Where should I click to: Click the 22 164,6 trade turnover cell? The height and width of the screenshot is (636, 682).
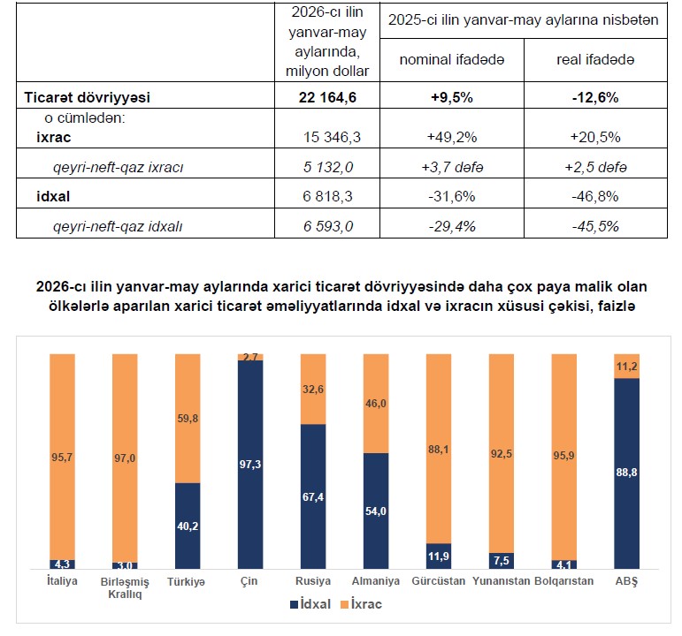point(327,97)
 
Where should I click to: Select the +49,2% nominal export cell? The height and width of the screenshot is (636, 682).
point(452,137)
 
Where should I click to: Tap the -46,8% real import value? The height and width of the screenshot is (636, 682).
point(595,196)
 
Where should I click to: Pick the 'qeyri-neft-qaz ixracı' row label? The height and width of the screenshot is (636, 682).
point(119,167)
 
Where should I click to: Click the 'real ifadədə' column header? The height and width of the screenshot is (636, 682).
point(595,59)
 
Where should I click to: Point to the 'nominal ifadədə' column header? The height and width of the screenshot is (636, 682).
point(452,59)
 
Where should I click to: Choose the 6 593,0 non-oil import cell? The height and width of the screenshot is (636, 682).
point(328,226)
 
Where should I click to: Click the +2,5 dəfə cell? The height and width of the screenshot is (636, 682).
point(595,167)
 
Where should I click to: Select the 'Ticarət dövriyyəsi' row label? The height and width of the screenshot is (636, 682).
point(87,97)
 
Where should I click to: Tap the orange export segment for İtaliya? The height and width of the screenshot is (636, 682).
point(62,457)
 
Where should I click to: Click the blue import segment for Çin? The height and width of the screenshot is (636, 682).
point(250,465)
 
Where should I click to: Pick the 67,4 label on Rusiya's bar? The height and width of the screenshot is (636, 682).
point(313,497)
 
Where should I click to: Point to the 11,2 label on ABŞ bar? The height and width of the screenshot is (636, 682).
point(627,367)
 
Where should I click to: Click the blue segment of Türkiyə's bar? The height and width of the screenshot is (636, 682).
point(188,526)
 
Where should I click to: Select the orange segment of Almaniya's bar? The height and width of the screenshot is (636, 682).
point(376,404)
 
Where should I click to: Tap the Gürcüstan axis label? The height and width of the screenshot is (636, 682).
point(439,581)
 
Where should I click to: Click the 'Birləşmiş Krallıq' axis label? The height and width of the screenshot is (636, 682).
point(125,587)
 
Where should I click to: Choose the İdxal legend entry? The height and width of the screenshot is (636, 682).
point(310,604)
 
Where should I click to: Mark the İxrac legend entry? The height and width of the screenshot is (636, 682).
point(361,604)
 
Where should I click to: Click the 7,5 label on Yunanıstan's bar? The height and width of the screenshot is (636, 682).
point(501,561)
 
